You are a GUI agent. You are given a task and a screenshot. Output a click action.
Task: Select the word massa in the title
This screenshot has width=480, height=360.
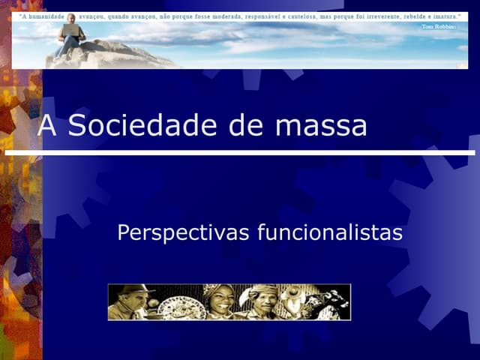tap(321, 126)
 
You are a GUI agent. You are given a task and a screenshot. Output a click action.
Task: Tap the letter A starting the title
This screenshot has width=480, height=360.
tap(47, 126)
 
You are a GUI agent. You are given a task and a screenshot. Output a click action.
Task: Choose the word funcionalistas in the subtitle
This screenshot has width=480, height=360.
tap(330, 233)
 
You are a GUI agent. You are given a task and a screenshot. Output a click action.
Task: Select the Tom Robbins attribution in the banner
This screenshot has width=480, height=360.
tap(438, 26)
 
